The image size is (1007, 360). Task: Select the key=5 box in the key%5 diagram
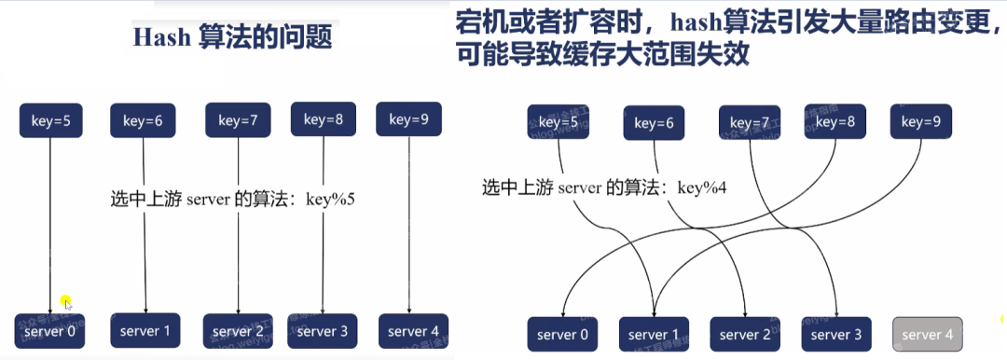coord(48,120)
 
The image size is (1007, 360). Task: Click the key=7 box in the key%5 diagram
coord(238,119)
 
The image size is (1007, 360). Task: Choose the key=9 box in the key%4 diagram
coord(921,121)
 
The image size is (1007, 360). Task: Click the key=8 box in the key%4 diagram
coord(835,121)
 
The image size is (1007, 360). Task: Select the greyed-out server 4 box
coord(928,335)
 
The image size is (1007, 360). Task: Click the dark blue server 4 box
coord(413,331)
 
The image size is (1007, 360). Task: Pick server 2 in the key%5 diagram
coord(238,331)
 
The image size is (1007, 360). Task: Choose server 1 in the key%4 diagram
coord(654,335)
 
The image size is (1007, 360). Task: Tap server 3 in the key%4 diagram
coord(836,335)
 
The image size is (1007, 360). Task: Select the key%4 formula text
coord(702,187)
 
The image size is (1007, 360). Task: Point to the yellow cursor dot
coord(66,301)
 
